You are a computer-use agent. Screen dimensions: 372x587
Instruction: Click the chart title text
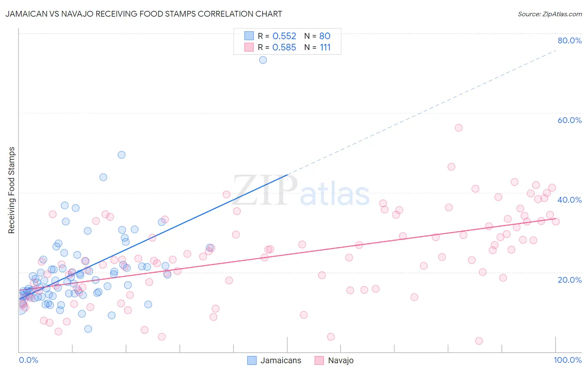tap(144, 14)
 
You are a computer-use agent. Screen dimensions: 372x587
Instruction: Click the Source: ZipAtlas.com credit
tap(549, 14)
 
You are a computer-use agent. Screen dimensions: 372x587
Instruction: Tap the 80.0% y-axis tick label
tap(569, 40)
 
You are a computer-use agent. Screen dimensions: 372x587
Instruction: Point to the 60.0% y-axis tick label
tap(569, 120)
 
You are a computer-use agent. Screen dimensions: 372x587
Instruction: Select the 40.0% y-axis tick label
tap(569, 200)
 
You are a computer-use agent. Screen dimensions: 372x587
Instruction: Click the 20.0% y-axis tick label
tap(569, 279)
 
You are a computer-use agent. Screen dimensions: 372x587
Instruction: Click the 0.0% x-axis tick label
tap(28, 360)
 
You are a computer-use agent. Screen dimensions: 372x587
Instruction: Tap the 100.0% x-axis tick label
tap(567, 360)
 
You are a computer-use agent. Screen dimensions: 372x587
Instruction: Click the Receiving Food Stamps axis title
tap(12, 190)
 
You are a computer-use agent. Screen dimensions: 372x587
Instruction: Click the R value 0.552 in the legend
tap(284, 36)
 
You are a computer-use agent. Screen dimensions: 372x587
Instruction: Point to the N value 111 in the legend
tap(325, 48)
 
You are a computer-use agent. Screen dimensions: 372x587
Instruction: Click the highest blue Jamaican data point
tap(263, 60)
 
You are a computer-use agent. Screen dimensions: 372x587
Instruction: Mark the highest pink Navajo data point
tap(459, 128)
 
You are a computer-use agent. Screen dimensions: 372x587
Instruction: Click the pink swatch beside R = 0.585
tap(249, 47)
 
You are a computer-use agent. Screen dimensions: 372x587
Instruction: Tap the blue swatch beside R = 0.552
tap(249, 36)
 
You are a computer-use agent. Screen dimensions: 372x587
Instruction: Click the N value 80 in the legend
tap(325, 36)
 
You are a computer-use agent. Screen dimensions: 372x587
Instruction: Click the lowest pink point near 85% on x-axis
tap(479, 341)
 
